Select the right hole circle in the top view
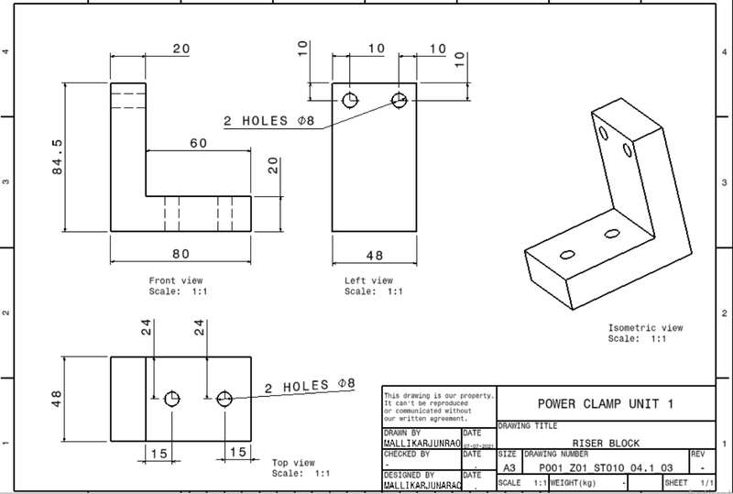click(x=224, y=399)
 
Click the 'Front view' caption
click(x=175, y=280)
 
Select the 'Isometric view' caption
click(x=646, y=327)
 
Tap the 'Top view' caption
click(x=295, y=463)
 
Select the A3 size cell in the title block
click(x=509, y=466)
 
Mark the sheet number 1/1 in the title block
click(x=705, y=482)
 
